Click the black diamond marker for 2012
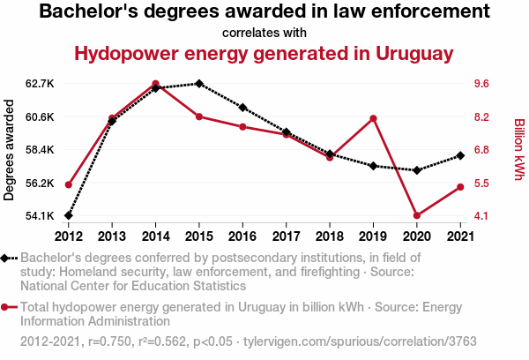68,216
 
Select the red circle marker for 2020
416,216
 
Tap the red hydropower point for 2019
373,119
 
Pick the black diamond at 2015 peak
199,84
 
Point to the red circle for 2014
155,84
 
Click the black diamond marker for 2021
459,156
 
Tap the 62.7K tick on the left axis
41,84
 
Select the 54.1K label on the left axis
41,216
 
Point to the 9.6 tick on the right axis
483,84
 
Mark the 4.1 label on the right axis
483,216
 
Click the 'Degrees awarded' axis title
10,150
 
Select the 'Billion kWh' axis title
519,150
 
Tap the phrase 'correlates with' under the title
264,33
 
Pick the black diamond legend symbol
7,259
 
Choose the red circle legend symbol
7,308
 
